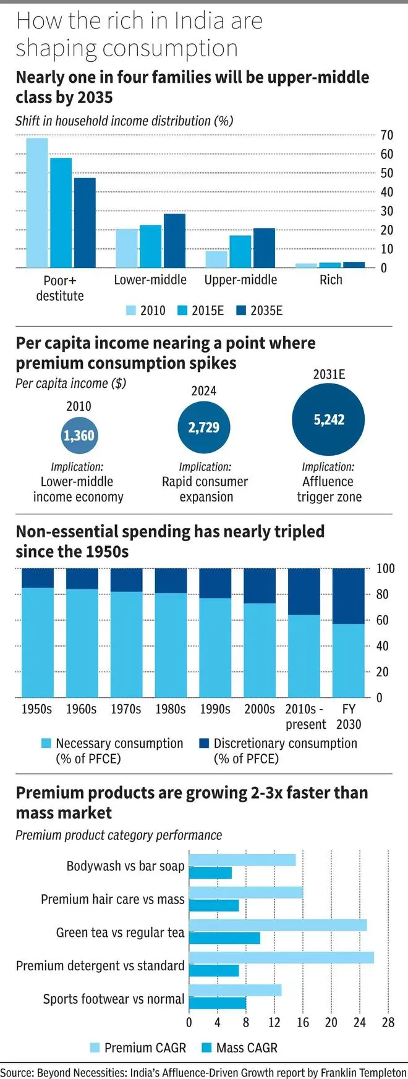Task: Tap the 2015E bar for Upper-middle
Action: tap(240, 251)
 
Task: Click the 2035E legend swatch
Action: tap(242, 311)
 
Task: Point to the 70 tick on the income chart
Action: tap(387, 135)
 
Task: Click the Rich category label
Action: tap(331, 280)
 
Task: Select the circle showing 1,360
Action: tap(79, 435)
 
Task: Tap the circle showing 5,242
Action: tap(328, 420)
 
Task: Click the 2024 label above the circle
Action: tap(204, 391)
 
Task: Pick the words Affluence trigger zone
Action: tap(329, 489)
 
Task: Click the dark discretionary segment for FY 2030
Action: tap(349, 596)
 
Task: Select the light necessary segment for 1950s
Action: tap(37, 642)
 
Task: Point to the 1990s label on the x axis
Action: tap(215, 709)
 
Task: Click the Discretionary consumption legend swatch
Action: tap(204, 744)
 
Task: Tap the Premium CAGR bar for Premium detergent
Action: tap(281, 957)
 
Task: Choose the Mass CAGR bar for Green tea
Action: tap(224, 938)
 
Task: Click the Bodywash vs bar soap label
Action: tap(125, 866)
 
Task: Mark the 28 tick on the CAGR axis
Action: tap(388, 1022)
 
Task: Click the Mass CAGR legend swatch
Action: tap(207, 1048)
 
